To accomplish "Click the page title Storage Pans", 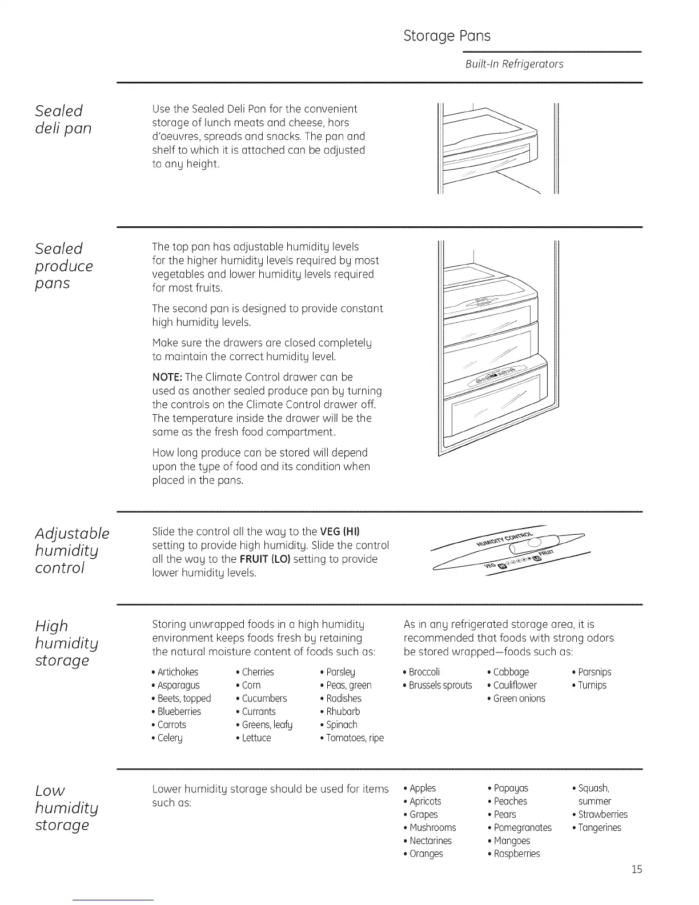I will pos(447,36).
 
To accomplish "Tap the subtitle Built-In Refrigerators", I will pos(514,64).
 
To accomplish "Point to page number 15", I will pos(637,869).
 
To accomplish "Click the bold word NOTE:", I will pos(167,377).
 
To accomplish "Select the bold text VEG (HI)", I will pos(340,531).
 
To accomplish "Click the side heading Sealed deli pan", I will pos(63,119).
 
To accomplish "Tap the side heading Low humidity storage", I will pos(62,807).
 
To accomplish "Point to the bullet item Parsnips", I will pos(594,672).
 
